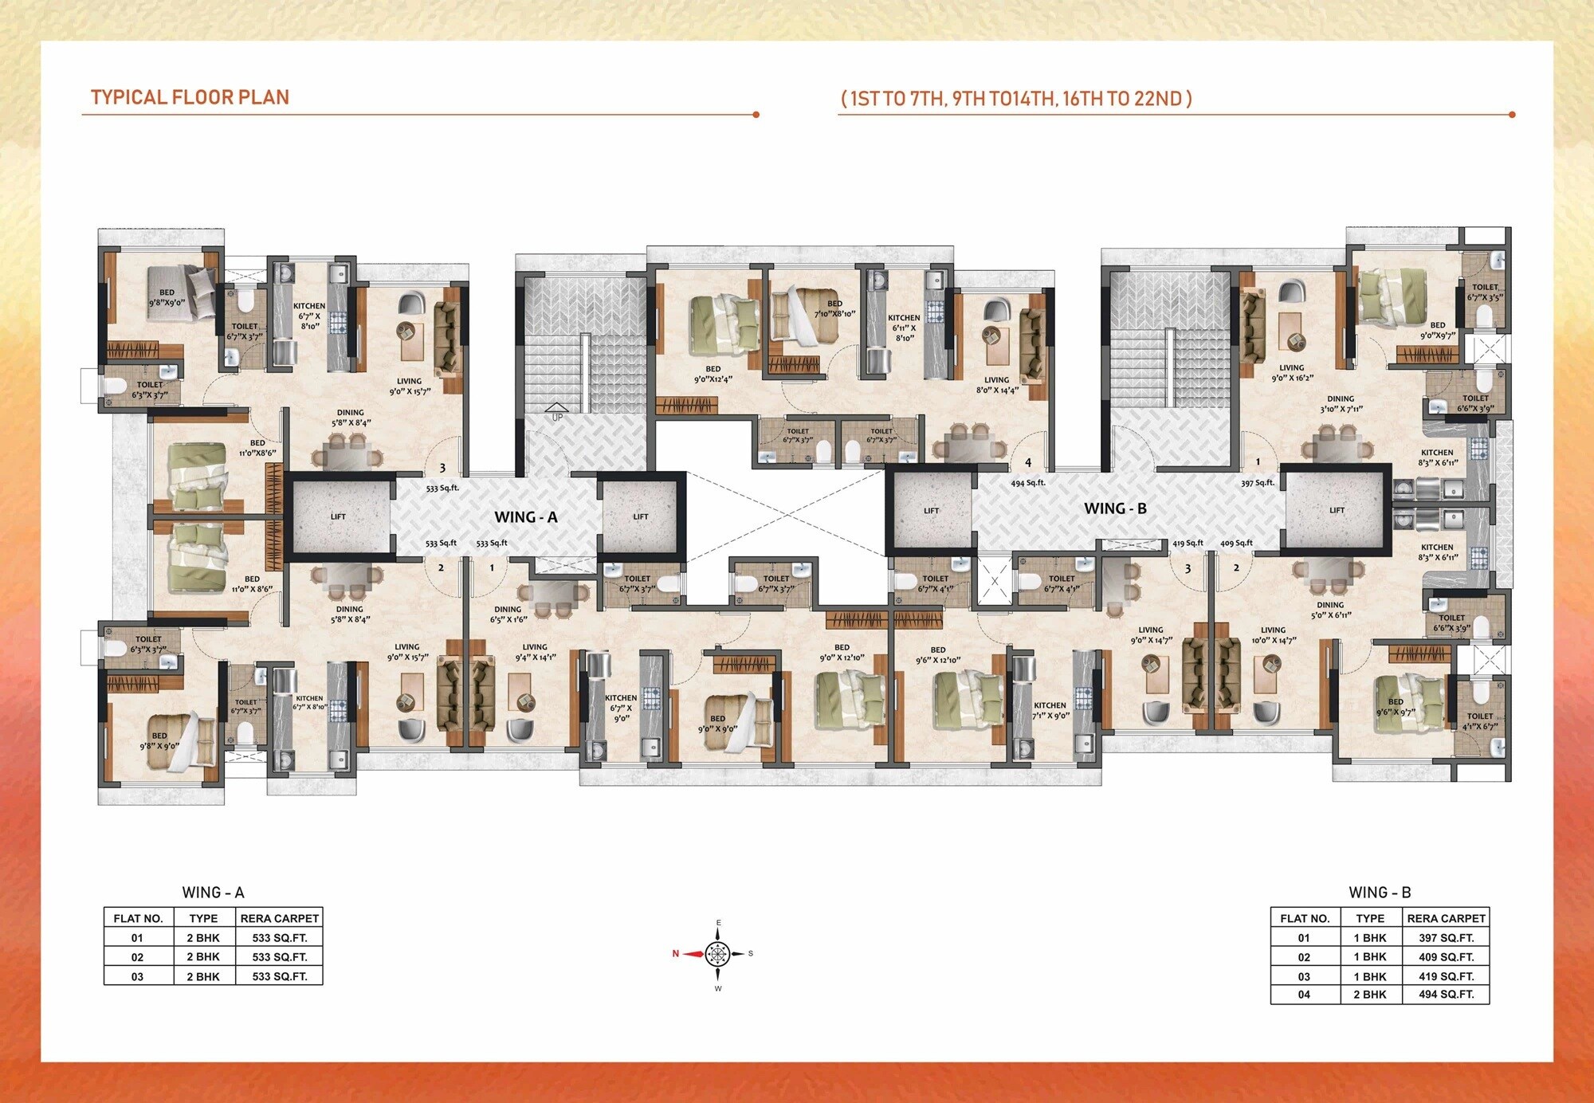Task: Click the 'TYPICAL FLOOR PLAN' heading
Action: (190, 97)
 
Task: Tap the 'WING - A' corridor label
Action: (525, 517)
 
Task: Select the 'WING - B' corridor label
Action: (1115, 508)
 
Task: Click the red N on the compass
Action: (676, 953)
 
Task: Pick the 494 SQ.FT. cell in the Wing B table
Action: (1446, 995)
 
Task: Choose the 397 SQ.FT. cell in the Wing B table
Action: (1446, 938)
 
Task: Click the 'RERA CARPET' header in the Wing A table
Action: (279, 918)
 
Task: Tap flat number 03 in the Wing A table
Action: (137, 976)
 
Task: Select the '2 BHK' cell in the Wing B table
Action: (1369, 995)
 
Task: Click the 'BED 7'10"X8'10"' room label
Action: (834, 308)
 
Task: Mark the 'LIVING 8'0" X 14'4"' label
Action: (996, 385)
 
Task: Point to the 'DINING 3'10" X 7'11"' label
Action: (1341, 404)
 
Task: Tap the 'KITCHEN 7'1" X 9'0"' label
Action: (1050, 710)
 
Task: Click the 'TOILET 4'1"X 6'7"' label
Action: (1480, 720)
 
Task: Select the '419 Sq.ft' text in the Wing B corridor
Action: (1188, 544)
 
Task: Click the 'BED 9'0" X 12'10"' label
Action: (842, 653)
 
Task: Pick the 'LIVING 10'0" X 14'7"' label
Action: (1273, 634)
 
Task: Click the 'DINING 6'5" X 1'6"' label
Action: (508, 614)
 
